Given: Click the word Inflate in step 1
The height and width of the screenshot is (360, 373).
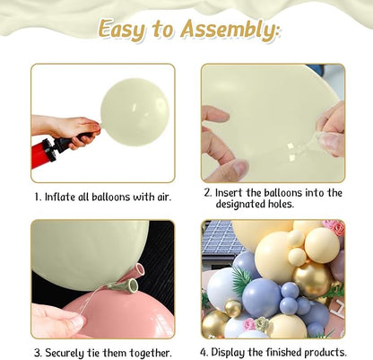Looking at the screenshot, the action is click(61, 197).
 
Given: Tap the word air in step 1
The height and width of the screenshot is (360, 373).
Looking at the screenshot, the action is click(164, 197).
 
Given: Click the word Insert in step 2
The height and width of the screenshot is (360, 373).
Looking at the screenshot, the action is click(230, 192).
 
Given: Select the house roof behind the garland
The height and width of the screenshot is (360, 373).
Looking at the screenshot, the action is click(221, 236).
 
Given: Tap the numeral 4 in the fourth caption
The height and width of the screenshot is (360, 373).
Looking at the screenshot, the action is click(204, 352).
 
